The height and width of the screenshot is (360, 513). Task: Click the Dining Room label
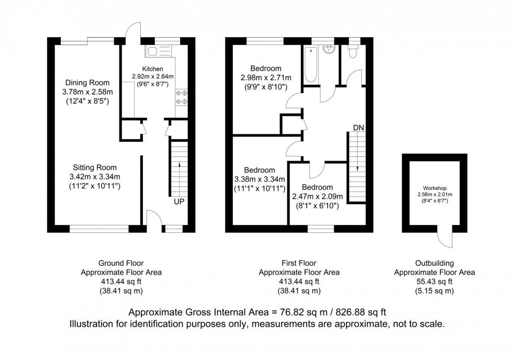click(x=87, y=83)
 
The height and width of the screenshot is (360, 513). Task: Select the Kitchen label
click(x=152, y=69)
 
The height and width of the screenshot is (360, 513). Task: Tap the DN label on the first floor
click(x=358, y=127)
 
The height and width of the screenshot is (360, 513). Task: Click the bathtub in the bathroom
click(x=310, y=65)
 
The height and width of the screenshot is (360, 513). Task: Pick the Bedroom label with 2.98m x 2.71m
click(x=265, y=69)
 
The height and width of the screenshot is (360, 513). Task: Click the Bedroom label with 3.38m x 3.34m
click(x=259, y=170)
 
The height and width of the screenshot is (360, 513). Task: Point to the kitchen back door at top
click(x=134, y=31)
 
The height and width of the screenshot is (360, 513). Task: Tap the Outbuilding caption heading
click(x=434, y=263)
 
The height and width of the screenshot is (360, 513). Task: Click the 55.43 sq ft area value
click(x=434, y=282)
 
